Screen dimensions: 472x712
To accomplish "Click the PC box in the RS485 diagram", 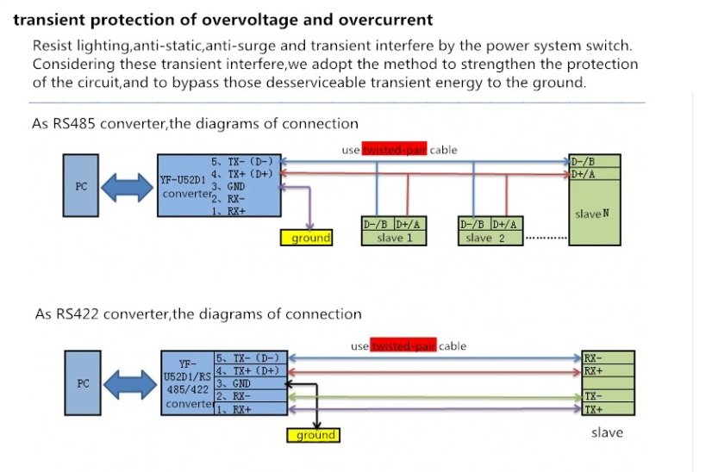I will pos(81,185).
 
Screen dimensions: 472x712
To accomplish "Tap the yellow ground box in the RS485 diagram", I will pos(308,239).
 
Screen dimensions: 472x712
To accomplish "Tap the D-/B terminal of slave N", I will pos(584,161).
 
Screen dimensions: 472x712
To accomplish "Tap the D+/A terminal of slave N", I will pos(584,174).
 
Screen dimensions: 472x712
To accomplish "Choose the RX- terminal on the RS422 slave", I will pos(594,357).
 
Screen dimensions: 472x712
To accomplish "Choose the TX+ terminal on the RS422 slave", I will pos(594,410).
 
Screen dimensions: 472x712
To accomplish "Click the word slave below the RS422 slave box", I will pos(607,432).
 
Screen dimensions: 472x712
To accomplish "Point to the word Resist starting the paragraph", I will pos(51,46).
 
